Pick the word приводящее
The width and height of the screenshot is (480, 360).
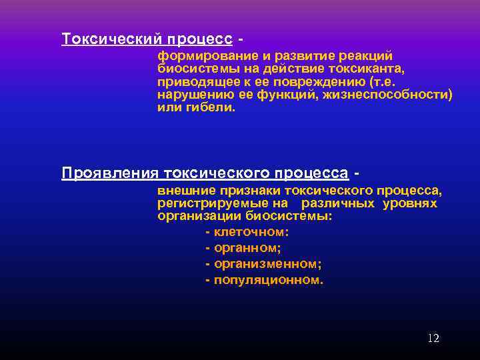(x=193, y=82)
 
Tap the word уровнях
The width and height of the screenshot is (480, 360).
(x=410, y=203)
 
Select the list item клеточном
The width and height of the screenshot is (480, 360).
(x=251, y=232)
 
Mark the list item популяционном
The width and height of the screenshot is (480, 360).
(x=268, y=280)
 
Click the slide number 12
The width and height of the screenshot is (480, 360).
(x=433, y=339)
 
